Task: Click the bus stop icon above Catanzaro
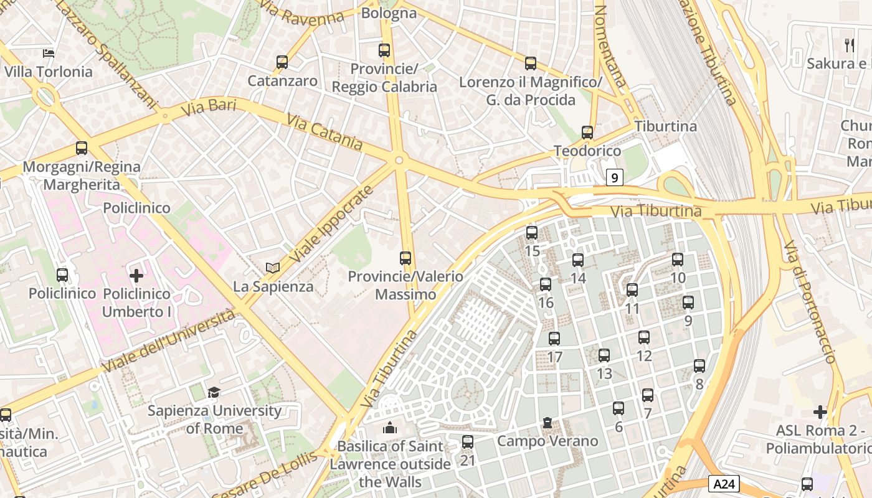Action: click(x=282, y=62)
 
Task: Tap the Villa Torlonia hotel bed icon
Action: click(x=49, y=54)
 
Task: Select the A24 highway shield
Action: click(x=723, y=483)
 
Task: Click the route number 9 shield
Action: click(x=615, y=178)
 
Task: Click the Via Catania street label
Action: click(x=325, y=131)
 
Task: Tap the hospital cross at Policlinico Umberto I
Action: click(x=136, y=275)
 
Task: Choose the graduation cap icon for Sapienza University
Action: click(x=214, y=392)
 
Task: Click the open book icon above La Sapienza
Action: click(x=272, y=268)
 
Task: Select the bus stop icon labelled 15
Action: click(x=531, y=233)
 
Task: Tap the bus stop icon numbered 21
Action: click(x=468, y=442)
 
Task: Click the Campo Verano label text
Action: click(x=547, y=441)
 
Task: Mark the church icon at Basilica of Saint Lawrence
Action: click(x=390, y=428)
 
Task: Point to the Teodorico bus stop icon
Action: click(x=587, y=133)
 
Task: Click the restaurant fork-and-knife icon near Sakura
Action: click(x=848, y=44)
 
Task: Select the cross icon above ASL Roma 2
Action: click(x=820, y=412)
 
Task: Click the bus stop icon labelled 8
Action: click(x=699, y=366)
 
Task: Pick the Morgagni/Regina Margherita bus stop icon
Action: click(x=82, y=148)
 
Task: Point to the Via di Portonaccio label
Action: click(x=809, y=301)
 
